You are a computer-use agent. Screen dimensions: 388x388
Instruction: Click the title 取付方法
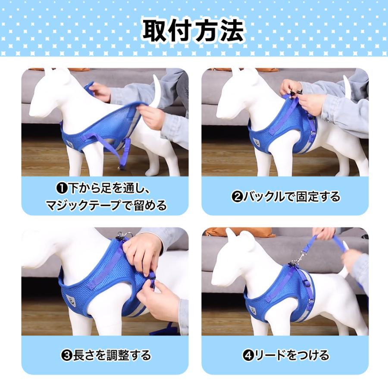194,31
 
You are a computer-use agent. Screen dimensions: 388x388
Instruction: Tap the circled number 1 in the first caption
62,189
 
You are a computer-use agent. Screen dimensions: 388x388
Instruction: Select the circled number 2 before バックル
237,197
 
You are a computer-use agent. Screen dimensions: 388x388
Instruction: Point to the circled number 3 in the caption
66,356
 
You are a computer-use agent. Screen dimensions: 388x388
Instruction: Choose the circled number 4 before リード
248,356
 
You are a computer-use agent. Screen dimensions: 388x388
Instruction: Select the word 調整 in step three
118,355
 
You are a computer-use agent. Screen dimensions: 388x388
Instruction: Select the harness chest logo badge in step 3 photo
70,300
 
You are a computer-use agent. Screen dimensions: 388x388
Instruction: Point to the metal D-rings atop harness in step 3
123,235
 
